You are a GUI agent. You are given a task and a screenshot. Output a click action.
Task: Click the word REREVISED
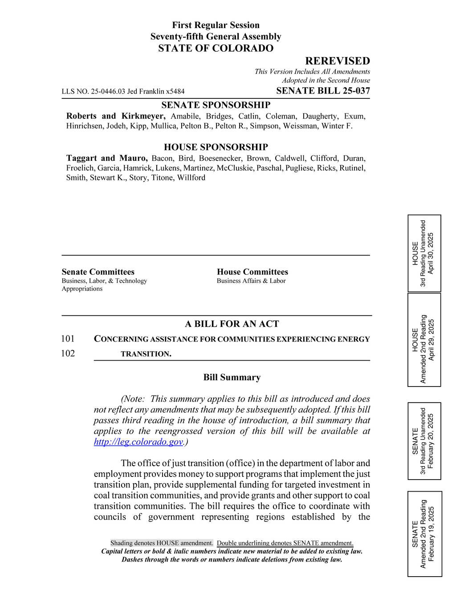[337, 61]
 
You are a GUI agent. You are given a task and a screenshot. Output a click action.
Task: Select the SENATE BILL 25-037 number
[323, 91]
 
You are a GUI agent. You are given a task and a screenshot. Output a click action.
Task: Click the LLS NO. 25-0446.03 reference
[123, 91]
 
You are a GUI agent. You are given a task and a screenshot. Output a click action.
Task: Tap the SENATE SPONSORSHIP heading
[216, 105]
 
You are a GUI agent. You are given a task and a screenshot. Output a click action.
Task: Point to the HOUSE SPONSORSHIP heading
[216, 147]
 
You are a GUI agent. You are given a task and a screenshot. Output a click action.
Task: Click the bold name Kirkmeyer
[143, 116]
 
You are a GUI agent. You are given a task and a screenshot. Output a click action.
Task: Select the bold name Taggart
[81, 158]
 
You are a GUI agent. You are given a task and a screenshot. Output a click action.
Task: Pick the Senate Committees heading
[98, 272]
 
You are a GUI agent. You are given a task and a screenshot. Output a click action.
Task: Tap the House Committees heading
[252, 272]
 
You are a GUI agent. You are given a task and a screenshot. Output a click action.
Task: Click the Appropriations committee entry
[82, 289]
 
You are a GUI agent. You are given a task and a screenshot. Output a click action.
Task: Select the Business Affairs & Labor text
[251, 281]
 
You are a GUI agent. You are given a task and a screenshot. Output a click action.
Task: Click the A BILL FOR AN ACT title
[232, 324]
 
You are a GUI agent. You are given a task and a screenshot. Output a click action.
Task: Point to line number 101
[68, 339]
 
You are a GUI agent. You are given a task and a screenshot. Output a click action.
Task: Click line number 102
[68, 354]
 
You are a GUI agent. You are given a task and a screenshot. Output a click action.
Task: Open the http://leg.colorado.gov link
[138, 442]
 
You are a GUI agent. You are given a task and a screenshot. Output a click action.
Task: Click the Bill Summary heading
[232, 377]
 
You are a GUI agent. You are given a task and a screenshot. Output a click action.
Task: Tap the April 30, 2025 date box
[424, 253]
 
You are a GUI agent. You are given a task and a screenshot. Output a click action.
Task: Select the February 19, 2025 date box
[424, 534]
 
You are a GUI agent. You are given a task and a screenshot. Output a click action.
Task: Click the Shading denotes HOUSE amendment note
[162, 543]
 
